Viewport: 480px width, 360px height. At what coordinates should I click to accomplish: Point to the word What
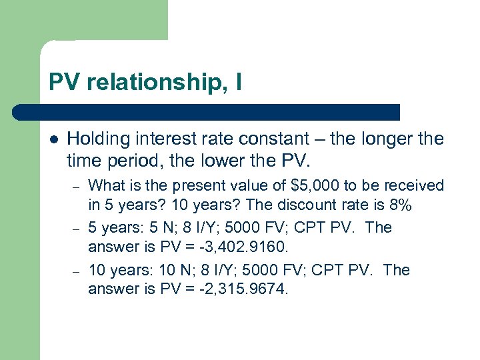[x=105, y=185]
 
